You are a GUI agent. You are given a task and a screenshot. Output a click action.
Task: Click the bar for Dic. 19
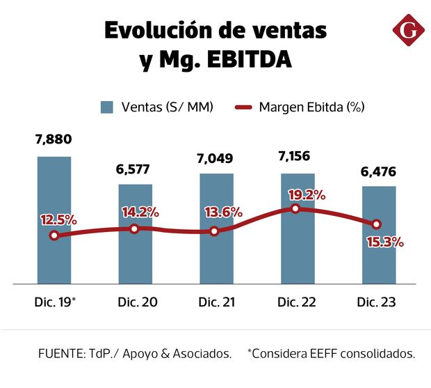pos(54,219)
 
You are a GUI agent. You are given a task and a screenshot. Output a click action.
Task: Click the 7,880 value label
pos(54,140)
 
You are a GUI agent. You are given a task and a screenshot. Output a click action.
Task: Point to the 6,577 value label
pos(135,169)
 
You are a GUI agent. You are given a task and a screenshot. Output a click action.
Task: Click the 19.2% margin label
pos(307,195)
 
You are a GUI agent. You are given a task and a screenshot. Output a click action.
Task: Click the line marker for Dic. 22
pos(295,208)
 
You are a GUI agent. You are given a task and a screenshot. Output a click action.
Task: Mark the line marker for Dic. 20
pos(135,228)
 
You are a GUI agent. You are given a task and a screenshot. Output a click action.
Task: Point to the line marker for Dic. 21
pos(214,231)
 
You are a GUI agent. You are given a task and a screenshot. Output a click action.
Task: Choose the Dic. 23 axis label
pos(376,302)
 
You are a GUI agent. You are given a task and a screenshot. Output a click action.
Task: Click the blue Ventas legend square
pos(106,107)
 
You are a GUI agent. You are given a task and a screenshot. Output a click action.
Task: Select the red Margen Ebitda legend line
pos(243,107)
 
